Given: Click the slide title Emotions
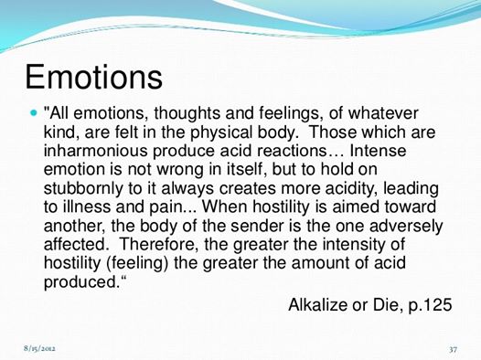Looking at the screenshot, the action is pos(93,77).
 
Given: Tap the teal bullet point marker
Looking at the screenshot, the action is pos(34,112).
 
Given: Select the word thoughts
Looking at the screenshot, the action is pos(187,114).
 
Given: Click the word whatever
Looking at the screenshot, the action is pos(383,113).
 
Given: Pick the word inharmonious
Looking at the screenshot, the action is pos(96,151).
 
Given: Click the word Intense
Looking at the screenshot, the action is pos(378,151).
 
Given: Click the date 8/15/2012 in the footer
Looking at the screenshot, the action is pos(39,348).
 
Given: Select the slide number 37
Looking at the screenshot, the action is pos(453,349).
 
